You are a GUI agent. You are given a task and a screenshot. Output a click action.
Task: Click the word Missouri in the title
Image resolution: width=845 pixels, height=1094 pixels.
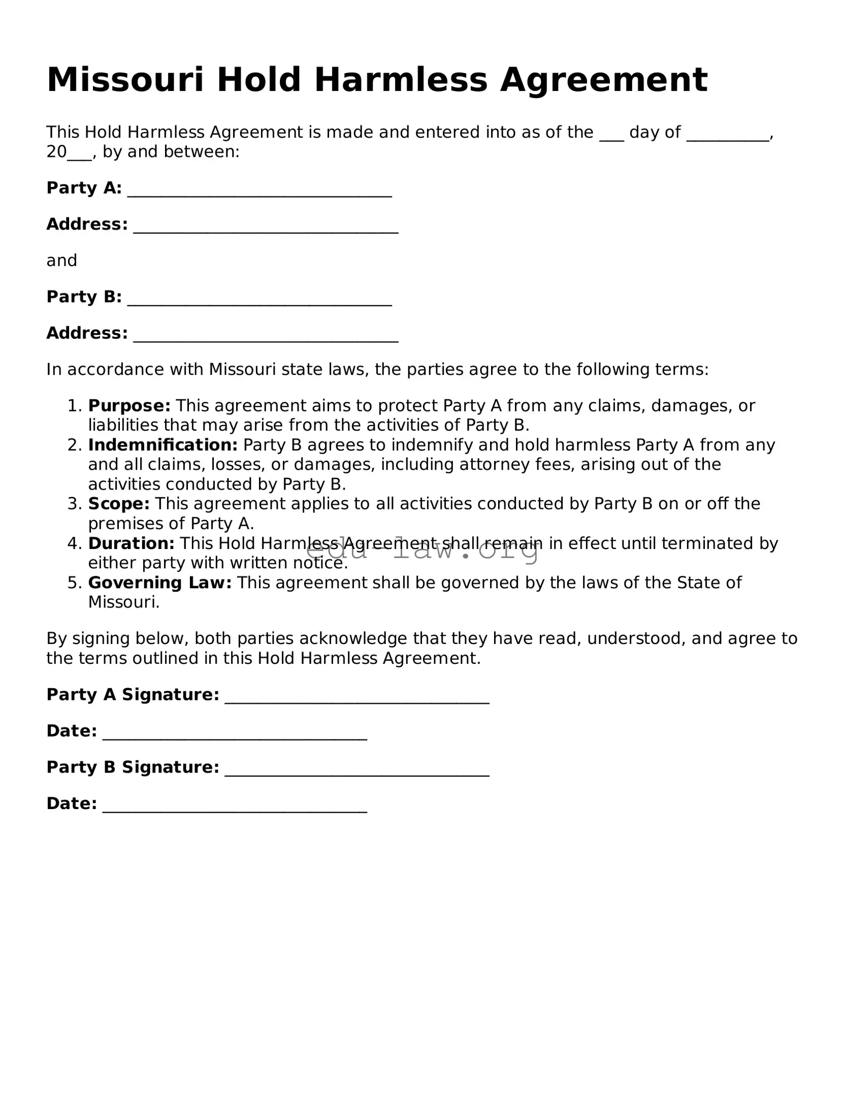tap(125, 80)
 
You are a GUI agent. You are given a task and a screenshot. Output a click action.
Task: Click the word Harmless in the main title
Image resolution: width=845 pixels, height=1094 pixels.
tap(401, 80)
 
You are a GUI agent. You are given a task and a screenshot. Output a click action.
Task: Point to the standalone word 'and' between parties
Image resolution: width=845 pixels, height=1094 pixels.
tap(61, 261)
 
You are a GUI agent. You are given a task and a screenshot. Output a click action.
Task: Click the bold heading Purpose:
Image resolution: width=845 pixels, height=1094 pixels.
tap(129, 406)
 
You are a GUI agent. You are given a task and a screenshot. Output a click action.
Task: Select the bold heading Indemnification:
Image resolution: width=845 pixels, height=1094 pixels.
tap(162, 445)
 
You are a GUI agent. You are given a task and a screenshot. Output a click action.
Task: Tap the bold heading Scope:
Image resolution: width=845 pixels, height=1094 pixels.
tap(119, 504)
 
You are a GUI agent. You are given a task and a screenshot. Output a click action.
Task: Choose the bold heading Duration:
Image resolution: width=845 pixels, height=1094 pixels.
tap(131, 543)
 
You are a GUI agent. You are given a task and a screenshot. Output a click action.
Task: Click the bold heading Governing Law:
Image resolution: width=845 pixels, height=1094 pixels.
tap(160, 583)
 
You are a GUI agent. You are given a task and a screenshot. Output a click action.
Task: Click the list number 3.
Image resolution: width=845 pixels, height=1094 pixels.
tap(74, 504)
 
